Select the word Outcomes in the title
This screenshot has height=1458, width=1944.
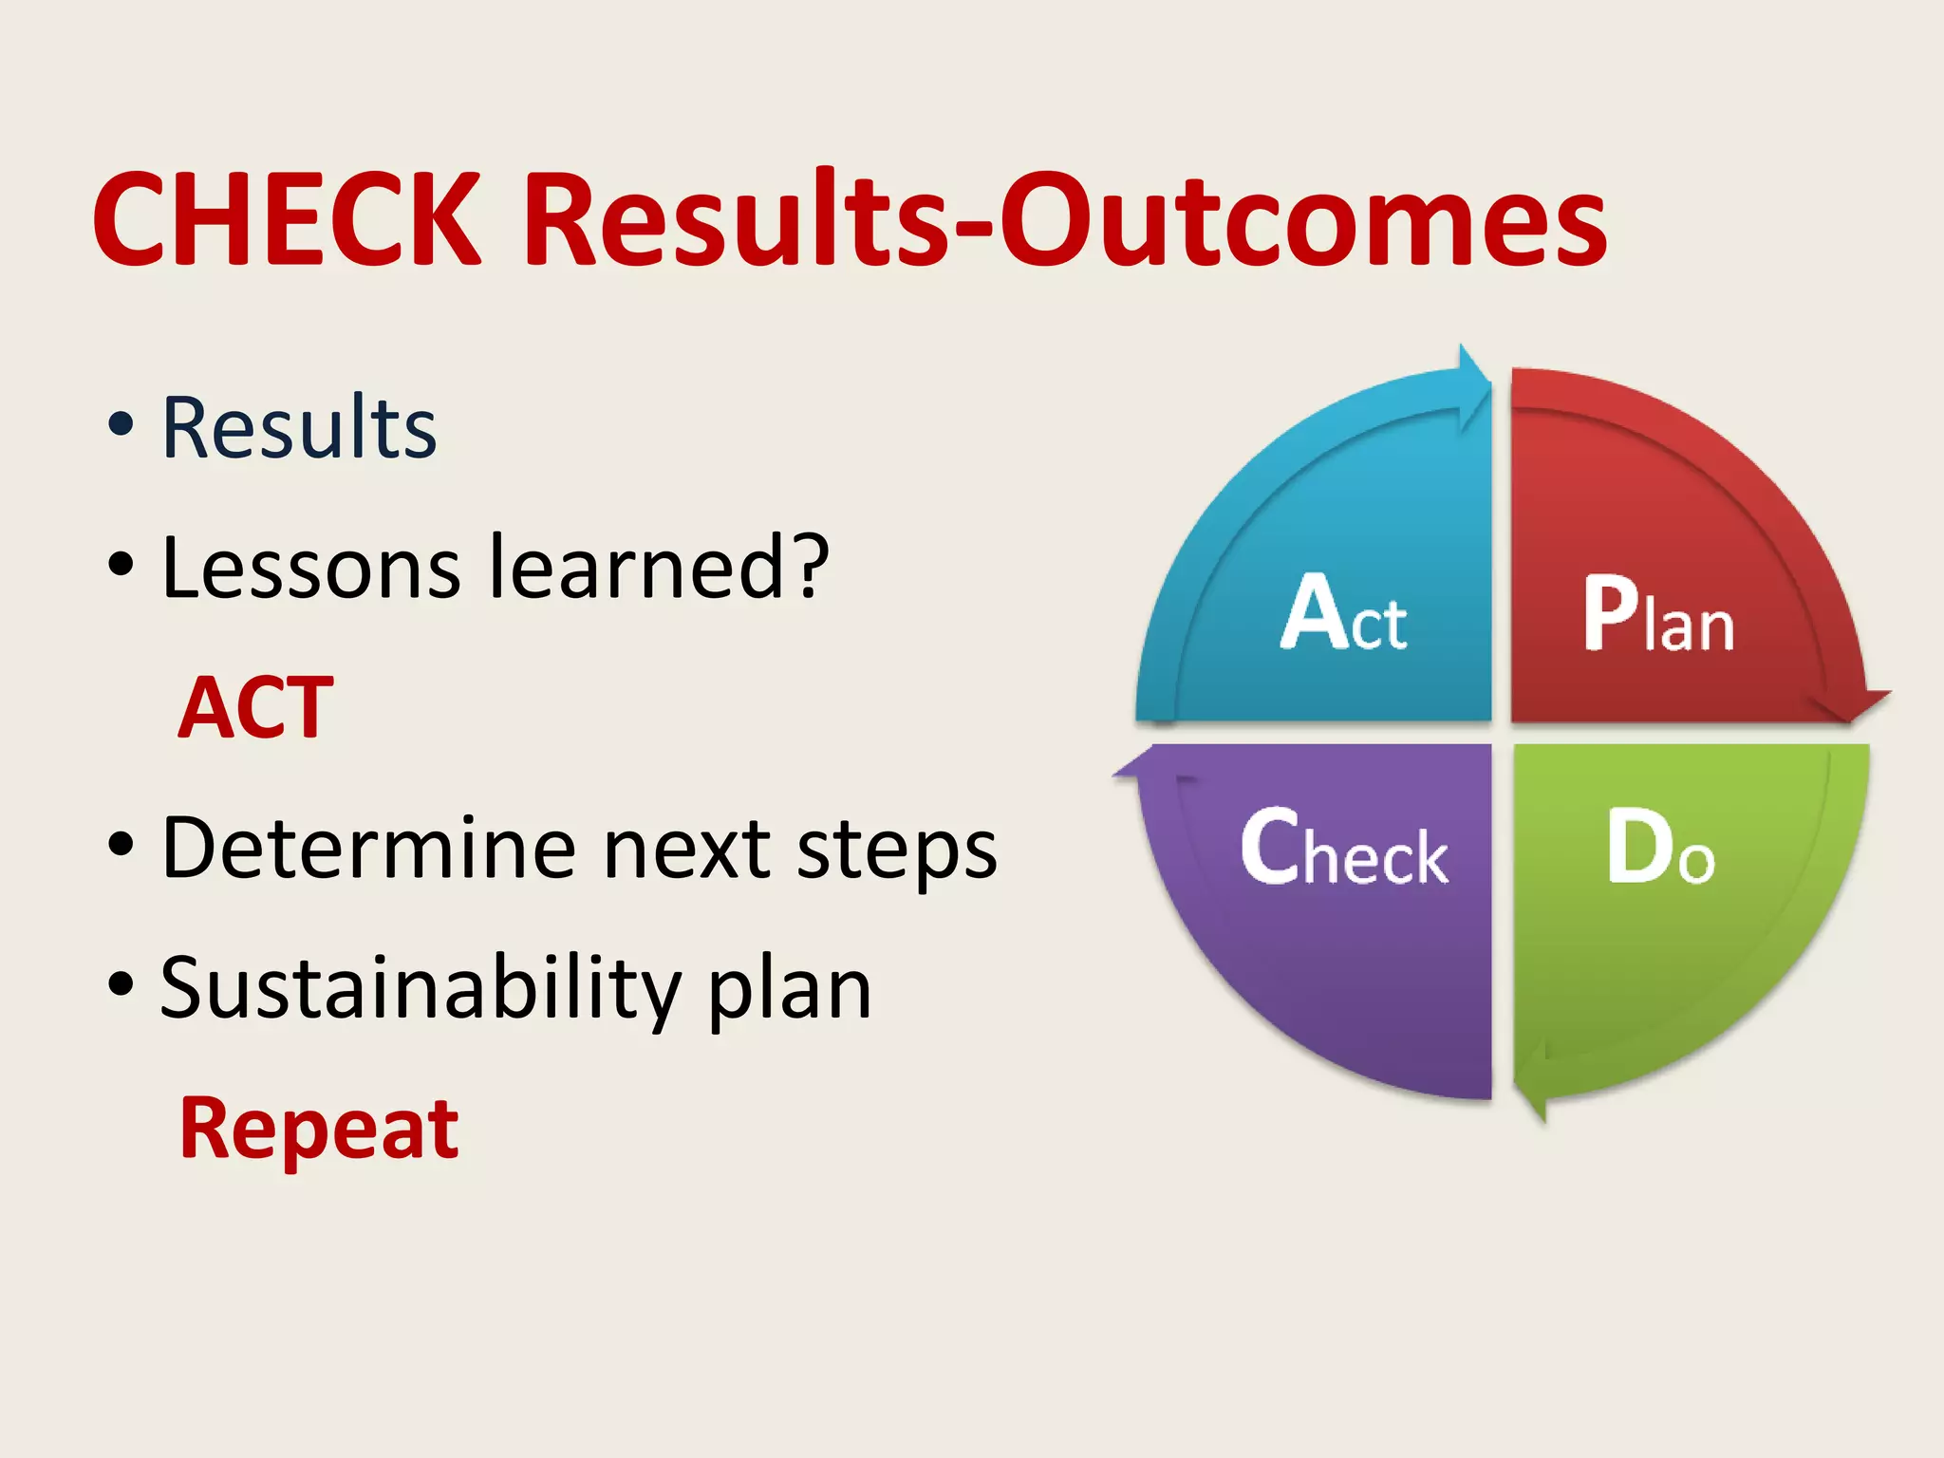tap(1303, 220)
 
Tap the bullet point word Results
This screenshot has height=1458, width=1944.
tap(299, 429)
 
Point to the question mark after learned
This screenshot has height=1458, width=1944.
tap(813, 568)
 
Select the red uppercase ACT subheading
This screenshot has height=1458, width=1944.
tap(256, 708)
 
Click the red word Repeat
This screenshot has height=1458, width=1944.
tap(319, 1130)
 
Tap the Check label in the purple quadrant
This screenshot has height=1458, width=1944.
tap(1344, 848)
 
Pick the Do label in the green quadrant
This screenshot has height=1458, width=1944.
tap(1660, 848)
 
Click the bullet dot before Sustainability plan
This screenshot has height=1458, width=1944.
tap(121, 984)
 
